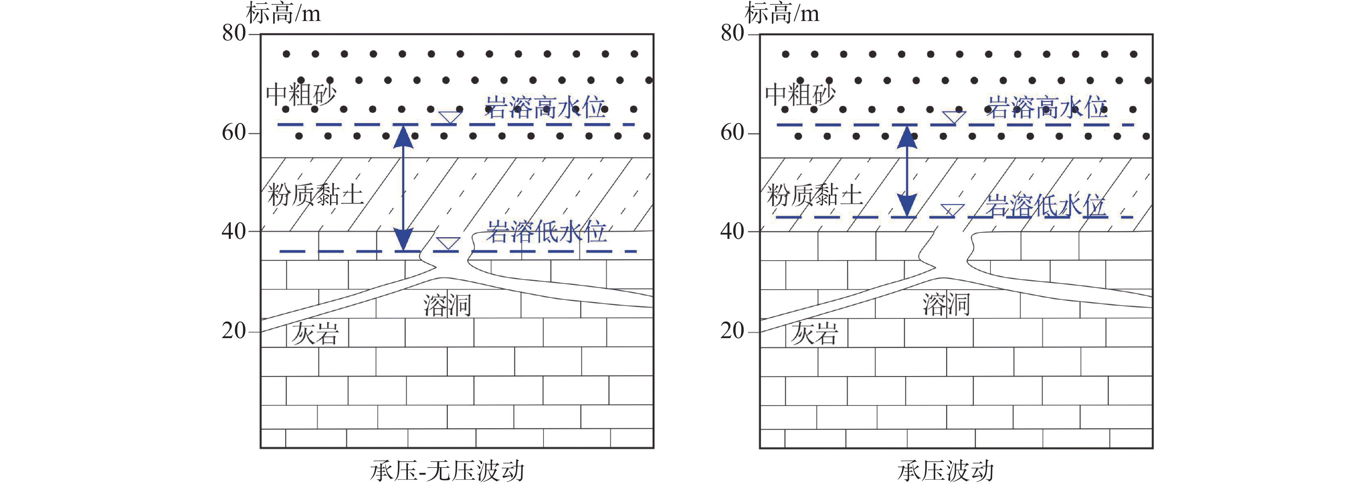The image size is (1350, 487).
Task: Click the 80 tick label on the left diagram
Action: point(234,33)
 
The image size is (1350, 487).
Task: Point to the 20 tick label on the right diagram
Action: point(732,331)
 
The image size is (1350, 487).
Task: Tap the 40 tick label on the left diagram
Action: point(234,231)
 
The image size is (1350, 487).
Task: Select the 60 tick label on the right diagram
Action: point(732,133)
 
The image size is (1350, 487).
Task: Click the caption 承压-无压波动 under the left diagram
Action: point(447,471)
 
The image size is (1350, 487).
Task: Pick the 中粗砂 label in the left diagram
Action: point(301,95)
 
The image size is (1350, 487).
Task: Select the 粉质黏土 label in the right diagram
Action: point(815,195)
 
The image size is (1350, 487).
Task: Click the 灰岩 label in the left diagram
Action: point(315,333)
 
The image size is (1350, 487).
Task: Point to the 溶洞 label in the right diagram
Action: point(946,305)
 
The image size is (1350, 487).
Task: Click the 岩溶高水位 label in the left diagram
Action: point(545,108)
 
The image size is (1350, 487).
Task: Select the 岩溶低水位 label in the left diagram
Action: point(546,232)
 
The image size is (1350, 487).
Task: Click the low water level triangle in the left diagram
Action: point(448,243)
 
